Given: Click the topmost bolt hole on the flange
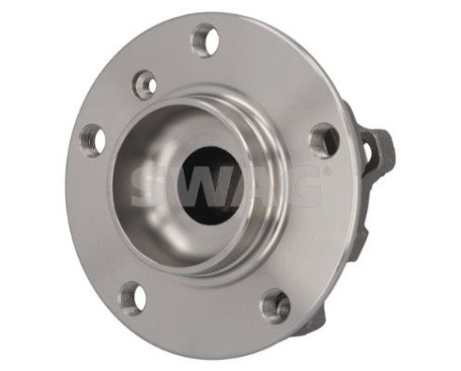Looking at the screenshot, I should [204, 39].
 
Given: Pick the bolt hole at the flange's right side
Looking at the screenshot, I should [323, 140].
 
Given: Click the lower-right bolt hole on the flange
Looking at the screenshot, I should [275, 305].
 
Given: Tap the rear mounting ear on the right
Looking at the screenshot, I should [377, 148].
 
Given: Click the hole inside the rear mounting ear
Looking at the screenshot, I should [369, 151].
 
